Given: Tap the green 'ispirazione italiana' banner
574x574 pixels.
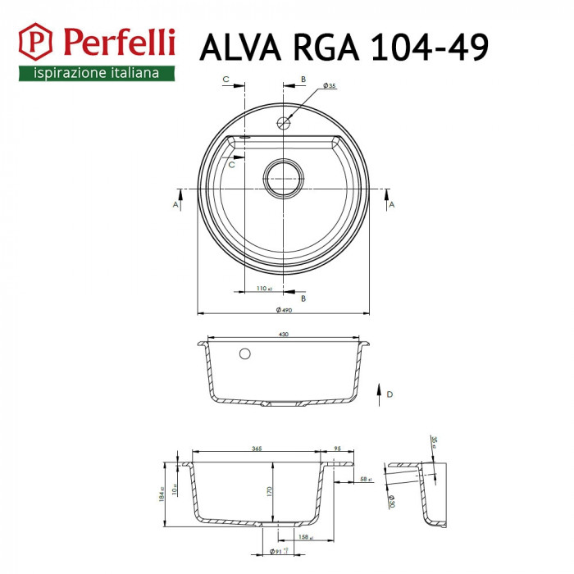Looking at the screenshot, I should point(96,73).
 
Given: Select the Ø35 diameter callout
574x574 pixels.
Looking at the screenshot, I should point(330,85).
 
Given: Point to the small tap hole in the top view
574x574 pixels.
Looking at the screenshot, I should point(284,123).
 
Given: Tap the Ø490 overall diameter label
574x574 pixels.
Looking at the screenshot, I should point(285,309).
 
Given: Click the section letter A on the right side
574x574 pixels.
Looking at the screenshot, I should point(391,204).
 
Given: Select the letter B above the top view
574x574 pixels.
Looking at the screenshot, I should point(303,79).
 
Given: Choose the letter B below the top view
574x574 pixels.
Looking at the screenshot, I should point(303,298).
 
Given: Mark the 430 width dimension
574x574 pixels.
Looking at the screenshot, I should point(284,334).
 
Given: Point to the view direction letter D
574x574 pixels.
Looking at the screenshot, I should point(390,394).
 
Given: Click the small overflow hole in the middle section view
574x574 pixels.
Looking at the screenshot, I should point(244,354).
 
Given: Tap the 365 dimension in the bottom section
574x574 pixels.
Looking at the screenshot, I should point(257,449).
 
